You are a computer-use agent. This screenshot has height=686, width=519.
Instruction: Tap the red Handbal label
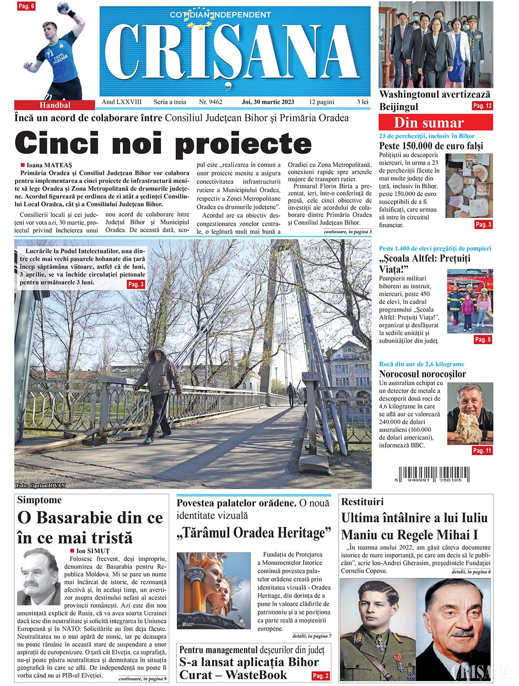[x=54, y=105]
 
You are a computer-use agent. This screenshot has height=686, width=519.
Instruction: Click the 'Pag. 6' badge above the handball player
[x=26, y=6]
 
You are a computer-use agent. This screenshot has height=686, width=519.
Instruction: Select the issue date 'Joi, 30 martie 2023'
[x=268, y=102]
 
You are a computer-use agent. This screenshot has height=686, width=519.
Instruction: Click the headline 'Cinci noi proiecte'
[x=163, y=143]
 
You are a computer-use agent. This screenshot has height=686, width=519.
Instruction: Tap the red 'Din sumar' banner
[x=435, y=123]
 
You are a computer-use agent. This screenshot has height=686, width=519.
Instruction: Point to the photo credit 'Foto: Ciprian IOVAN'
[x=40, y=485]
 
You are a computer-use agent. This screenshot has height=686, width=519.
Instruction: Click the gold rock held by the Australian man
[x=467, y=428]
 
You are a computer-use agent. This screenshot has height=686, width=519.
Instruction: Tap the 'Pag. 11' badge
[x=482, y=450]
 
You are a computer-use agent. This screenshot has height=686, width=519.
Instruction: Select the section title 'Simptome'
[x=39, y=500]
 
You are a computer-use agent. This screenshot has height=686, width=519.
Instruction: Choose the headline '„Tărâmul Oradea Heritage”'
[x=254, y=533]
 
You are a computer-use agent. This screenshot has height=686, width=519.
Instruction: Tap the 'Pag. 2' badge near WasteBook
[x=320, y=675]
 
